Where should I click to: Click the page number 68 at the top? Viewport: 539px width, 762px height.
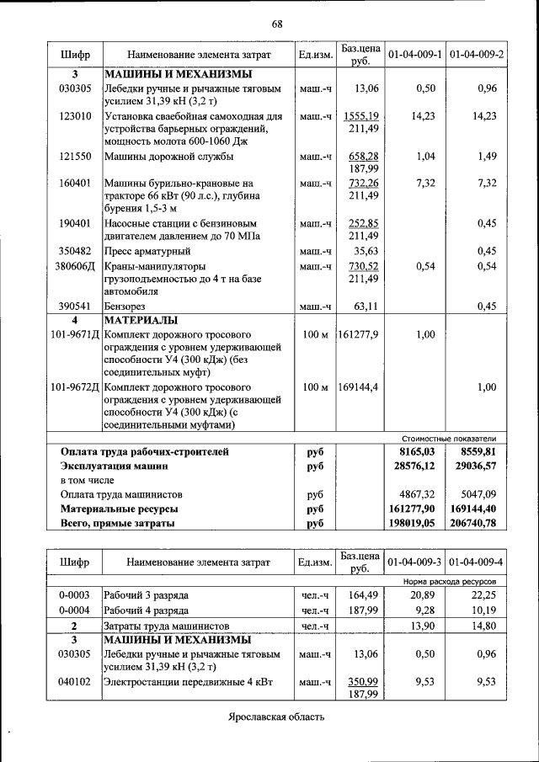pyautogui.click(x=276, y=23)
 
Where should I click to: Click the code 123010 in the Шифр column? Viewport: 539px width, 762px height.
pyautogui.click(x=75, y=116)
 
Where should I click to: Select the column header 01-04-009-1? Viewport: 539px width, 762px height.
pyautogui.click(x=414, y=55)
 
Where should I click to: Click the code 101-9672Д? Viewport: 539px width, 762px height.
pyautogui.click(x=75, y=387)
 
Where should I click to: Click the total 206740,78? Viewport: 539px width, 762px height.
pyautogui.click(x=474, y=523)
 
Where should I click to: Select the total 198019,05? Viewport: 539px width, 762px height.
pyautogui.click(x=413, y=523)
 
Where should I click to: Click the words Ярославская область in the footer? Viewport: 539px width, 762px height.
pyautogui.click(x=275, y=717)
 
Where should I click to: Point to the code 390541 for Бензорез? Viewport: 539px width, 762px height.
pyautogui.click(x=75, y=306)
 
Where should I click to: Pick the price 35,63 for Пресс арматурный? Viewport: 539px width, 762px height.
pyautogui.click(x=366, y=251)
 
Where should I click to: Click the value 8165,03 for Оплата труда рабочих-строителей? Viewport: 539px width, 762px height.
pyautogui.click(x=415, y=451)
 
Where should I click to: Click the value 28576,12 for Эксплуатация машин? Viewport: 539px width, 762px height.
pyautogui.click(x=413, y=466)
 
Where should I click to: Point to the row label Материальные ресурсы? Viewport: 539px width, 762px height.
pyautogui.click(x=119, y=509)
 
